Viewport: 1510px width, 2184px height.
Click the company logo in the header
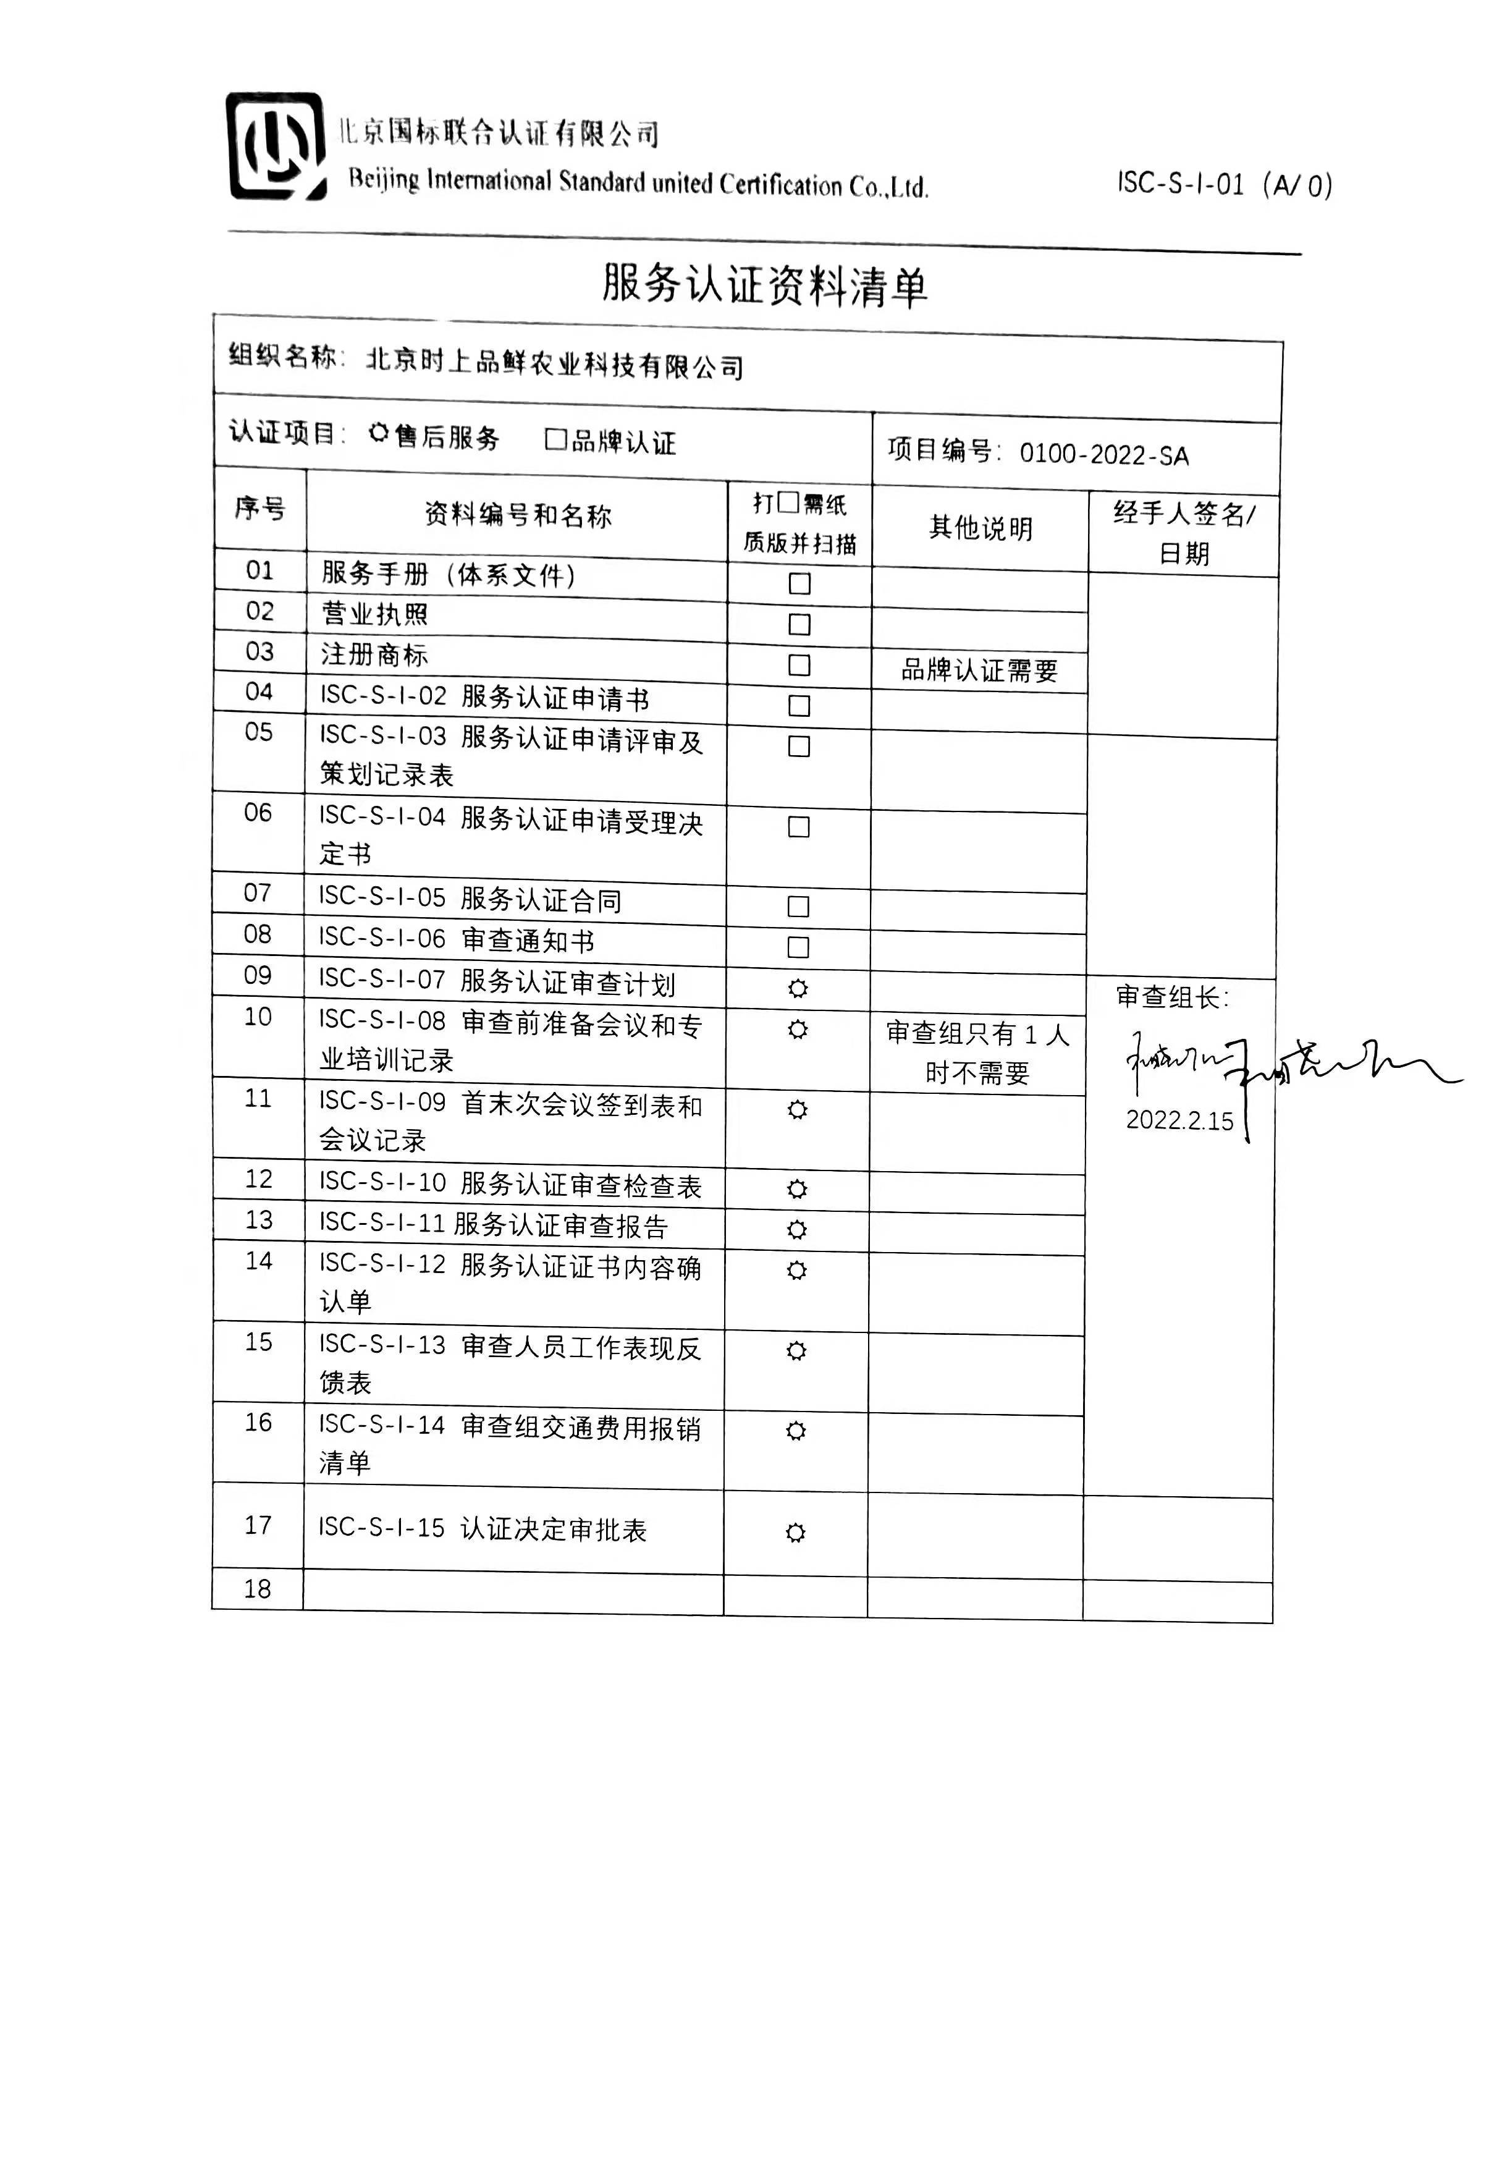coord(276,146)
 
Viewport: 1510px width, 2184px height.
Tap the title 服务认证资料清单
coord(764,285)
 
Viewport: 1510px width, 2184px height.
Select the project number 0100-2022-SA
coord(1103,455)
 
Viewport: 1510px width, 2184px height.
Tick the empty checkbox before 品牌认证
coord(555,439)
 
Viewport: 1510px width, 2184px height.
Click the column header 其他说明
coord(980,528)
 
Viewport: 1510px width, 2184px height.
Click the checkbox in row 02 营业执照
coord(799,625)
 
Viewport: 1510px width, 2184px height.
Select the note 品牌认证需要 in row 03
coord(979,670)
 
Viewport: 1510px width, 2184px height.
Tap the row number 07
coord(258,893)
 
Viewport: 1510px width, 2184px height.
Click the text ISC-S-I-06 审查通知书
coord(456,939)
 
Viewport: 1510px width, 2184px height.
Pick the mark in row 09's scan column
coord(798,989)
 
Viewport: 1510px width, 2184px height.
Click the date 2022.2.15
coord(1179,1120)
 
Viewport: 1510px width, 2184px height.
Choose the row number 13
coord(258,1221)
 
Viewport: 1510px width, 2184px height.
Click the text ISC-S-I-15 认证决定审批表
coord(481,1528)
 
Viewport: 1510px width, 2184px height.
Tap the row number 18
coord(258,1589)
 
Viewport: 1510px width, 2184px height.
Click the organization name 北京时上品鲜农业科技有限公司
coord(554,363)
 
